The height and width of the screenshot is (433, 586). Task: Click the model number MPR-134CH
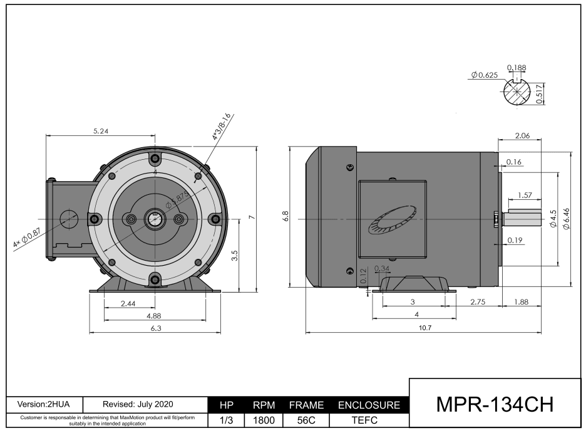click(x=495, y=404)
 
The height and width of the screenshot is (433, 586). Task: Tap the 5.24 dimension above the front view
click(x=101, y=132)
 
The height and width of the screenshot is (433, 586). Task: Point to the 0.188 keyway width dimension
click(x=516, y=68)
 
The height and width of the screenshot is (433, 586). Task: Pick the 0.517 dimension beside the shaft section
click(x=540, y=94)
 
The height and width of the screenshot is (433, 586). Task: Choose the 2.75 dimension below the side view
click(x=479, y=301)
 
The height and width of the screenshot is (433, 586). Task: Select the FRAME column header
click(x=306, y=406)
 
